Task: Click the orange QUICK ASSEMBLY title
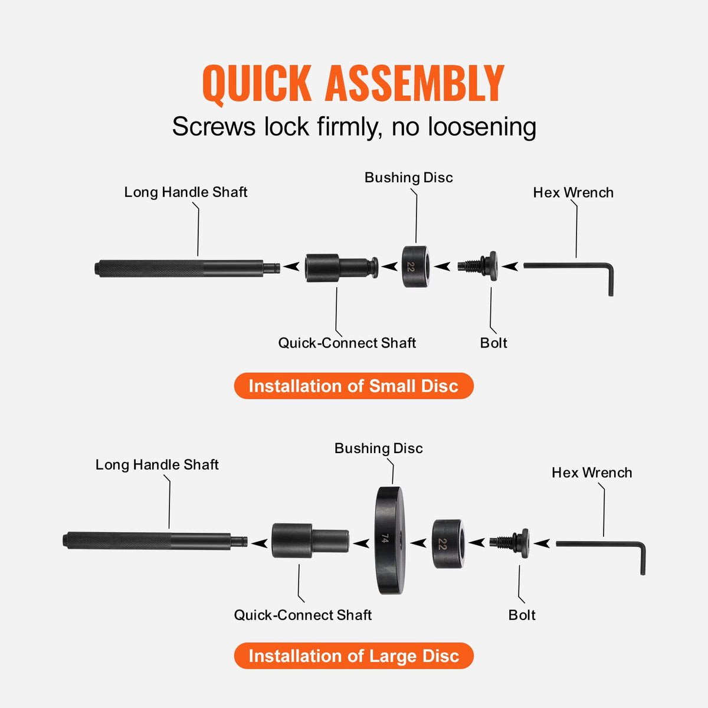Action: coord(353,84)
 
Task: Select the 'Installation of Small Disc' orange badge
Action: coord(353,386)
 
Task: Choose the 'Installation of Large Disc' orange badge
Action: coord(353,656)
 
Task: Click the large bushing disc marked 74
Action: coord(389,540)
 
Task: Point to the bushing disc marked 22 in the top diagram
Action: coord(415,267)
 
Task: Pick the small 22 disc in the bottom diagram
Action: coord(448,544)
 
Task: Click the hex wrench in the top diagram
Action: coord(566,267)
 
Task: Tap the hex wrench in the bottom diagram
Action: coord(599,545)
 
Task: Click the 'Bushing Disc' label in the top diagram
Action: coord(408,178)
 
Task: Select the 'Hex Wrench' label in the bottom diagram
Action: coord(591,473)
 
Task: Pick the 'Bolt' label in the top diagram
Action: coord(493,343)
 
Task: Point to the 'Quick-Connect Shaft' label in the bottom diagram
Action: coord(303,615)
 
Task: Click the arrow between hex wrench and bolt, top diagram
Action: coord(510,267)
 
